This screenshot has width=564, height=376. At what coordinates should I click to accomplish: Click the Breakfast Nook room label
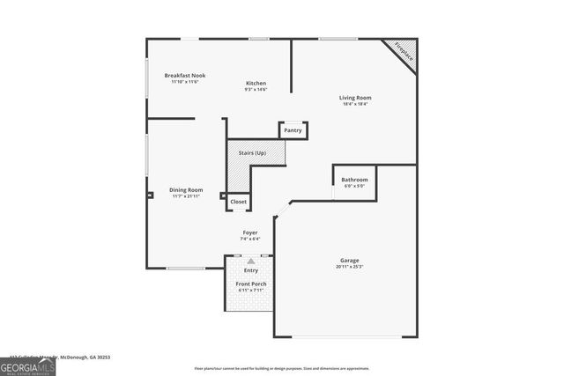pos(184,76)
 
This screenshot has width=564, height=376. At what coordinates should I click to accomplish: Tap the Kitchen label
pos(256,84)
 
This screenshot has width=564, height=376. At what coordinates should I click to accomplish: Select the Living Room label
pos(355,98)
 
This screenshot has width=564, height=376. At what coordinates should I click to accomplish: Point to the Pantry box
pos(293,130)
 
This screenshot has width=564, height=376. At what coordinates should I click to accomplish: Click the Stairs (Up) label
pos(252,153)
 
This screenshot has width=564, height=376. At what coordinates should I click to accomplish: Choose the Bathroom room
pos(354,181)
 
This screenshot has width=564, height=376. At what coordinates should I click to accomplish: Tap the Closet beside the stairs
pos(239,202)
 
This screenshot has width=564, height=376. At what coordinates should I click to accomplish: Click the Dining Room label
pos(186,190)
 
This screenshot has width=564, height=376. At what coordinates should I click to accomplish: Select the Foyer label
pos(251,232)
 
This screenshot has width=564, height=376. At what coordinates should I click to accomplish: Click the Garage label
pos(349,261)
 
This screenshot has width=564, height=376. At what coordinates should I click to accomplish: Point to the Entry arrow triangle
pos(251,261)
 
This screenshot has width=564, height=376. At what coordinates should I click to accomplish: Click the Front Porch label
pos(251,284)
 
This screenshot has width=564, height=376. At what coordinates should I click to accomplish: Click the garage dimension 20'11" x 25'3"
pos(349,267)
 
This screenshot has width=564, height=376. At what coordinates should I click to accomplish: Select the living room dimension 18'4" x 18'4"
pos(355,104)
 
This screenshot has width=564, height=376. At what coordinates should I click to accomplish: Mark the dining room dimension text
pos(186,195)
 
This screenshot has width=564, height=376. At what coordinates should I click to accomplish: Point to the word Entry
pos(251,270)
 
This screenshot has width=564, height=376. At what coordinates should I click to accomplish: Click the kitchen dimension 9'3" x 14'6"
pos(256,89)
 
